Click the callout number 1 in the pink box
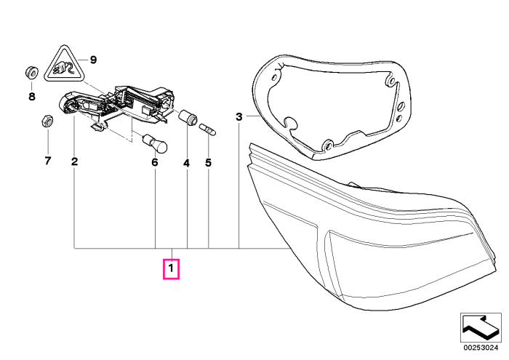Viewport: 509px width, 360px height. tap(171, 269)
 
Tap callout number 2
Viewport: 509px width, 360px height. tap(75, 161)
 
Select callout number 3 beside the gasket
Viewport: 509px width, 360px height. tap(239, 116)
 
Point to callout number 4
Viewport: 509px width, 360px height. tap(186, 164)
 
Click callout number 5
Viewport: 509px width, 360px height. tap(208, 163)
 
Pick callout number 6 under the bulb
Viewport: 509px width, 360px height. tap(155, 162)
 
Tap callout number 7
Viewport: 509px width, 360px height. tap(48, 160)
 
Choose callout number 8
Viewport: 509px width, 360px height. tap(32, 97)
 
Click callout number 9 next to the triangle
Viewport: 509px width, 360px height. tap(93, 60)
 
